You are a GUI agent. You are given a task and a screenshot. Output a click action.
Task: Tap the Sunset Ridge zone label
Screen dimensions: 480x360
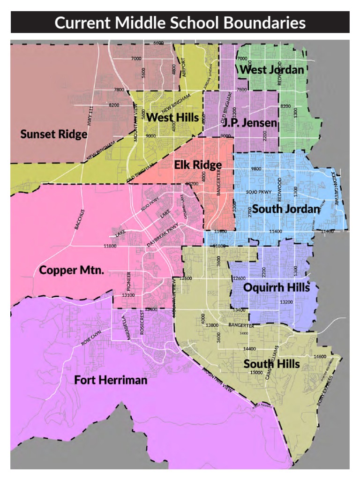[53, 135]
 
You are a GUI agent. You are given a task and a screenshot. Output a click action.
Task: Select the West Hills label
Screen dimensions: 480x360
[172, 117]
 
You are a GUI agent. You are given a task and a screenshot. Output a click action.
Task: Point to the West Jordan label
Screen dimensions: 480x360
[272, 70]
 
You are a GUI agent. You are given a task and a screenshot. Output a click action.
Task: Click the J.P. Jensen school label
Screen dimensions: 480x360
[250, 123]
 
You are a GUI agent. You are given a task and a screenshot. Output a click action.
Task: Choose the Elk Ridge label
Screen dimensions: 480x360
[198, 165]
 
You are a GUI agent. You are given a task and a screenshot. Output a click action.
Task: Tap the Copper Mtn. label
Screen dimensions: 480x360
[71, 270]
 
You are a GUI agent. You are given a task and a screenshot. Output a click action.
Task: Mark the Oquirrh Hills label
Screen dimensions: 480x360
[277, 287]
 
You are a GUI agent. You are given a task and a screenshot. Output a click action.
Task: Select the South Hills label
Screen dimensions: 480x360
[271, 364]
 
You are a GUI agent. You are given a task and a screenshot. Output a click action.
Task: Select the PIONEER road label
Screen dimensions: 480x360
[128, 281]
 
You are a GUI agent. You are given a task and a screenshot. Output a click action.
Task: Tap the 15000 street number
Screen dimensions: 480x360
[256, 372]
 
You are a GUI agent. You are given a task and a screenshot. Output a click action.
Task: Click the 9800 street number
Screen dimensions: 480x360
[256, 169]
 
